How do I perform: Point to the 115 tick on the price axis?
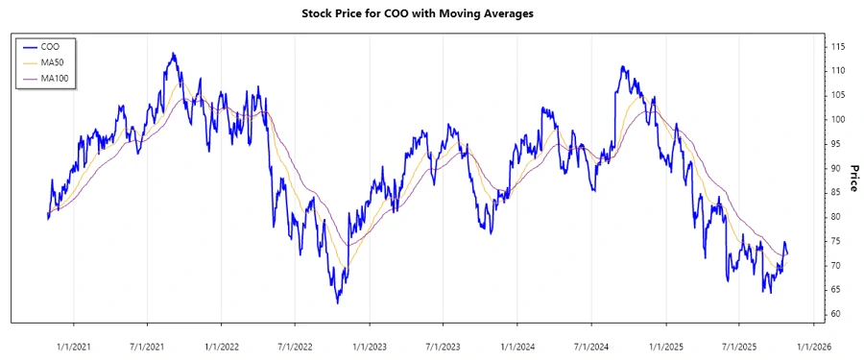coord(837,46)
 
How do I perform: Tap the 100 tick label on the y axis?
coord(837,119)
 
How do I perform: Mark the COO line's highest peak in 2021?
coord(173,54)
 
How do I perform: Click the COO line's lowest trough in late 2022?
coord(337,303)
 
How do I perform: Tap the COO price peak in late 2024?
coord(622,67)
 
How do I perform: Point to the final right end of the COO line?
coord(788,253)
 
